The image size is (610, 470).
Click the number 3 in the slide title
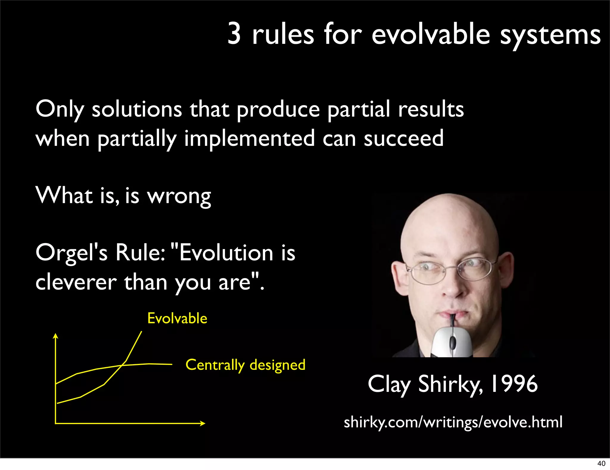tap(234, 34)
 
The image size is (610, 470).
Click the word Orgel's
tap(71, 253)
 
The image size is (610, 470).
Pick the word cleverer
tap(76, 282)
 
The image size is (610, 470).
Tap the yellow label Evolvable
tap(177, 319)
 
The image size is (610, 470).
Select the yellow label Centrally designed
tap(245, 365)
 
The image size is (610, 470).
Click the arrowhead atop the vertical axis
tap(55, 336)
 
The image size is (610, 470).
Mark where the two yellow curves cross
tap(122, 365)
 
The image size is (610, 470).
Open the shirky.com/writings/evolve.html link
tap(453, 422)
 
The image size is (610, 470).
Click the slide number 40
tap(601, 463)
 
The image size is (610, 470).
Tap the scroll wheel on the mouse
tap(452, 342)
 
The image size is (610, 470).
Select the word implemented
tap(250, 139)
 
